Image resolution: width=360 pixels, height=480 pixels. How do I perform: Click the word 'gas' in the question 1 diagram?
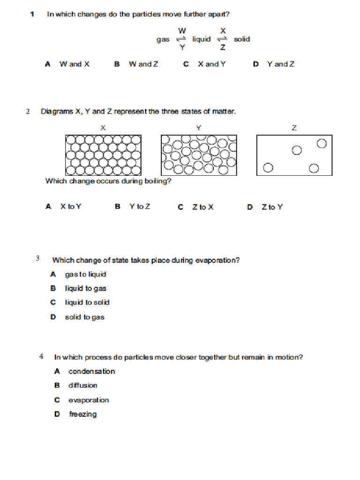(163, 39)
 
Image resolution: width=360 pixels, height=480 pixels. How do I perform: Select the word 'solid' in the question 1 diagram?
(242, 39)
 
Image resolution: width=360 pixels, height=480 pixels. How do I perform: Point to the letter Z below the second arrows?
(223, 47)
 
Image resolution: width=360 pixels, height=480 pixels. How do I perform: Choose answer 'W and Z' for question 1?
(143, 64)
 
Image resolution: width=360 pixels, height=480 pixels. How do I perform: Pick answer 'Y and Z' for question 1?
(280, 64)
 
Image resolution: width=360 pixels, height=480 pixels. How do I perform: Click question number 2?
(28, 112)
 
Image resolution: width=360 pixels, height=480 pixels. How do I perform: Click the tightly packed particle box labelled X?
(103, 155)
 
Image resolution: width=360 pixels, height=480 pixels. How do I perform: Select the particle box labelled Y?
(199, 155)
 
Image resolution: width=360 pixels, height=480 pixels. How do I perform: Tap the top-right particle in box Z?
(322, 143)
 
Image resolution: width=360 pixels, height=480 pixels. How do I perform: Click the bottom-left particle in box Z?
(268, 168)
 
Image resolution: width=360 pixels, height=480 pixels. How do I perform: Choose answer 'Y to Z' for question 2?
(140, 206)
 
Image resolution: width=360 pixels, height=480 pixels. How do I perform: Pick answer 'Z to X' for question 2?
(202, 207)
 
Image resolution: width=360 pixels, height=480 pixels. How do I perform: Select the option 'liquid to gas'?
(86, 289)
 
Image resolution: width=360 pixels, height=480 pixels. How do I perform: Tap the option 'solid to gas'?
(84, 317)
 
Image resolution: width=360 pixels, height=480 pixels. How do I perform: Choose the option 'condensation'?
(91, 372)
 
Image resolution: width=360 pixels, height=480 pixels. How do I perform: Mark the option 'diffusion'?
(83, 385)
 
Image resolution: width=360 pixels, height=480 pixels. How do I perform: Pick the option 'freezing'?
(83, 414)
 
